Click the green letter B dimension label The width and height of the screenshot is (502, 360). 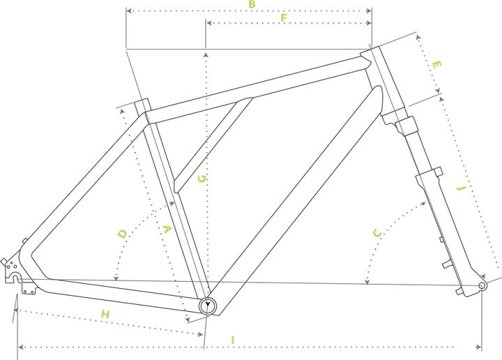252,4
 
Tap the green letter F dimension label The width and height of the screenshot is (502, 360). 284,17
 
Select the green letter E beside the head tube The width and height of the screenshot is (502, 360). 436,64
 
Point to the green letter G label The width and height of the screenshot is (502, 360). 202,179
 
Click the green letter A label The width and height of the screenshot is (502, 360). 167,230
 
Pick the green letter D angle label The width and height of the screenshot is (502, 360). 123,234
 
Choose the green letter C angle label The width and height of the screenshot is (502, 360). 378,233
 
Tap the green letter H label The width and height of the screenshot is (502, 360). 105,314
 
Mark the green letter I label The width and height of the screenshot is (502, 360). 233,340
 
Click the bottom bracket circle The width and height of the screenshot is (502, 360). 208,306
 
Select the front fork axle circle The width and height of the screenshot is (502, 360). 482,285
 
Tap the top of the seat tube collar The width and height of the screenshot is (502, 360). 142,100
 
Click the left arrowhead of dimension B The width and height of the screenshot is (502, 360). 129,11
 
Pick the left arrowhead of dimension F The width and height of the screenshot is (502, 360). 208,23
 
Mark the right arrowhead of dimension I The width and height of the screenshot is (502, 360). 479,347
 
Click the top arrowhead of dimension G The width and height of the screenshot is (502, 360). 206,55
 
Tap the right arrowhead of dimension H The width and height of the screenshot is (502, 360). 200,334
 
